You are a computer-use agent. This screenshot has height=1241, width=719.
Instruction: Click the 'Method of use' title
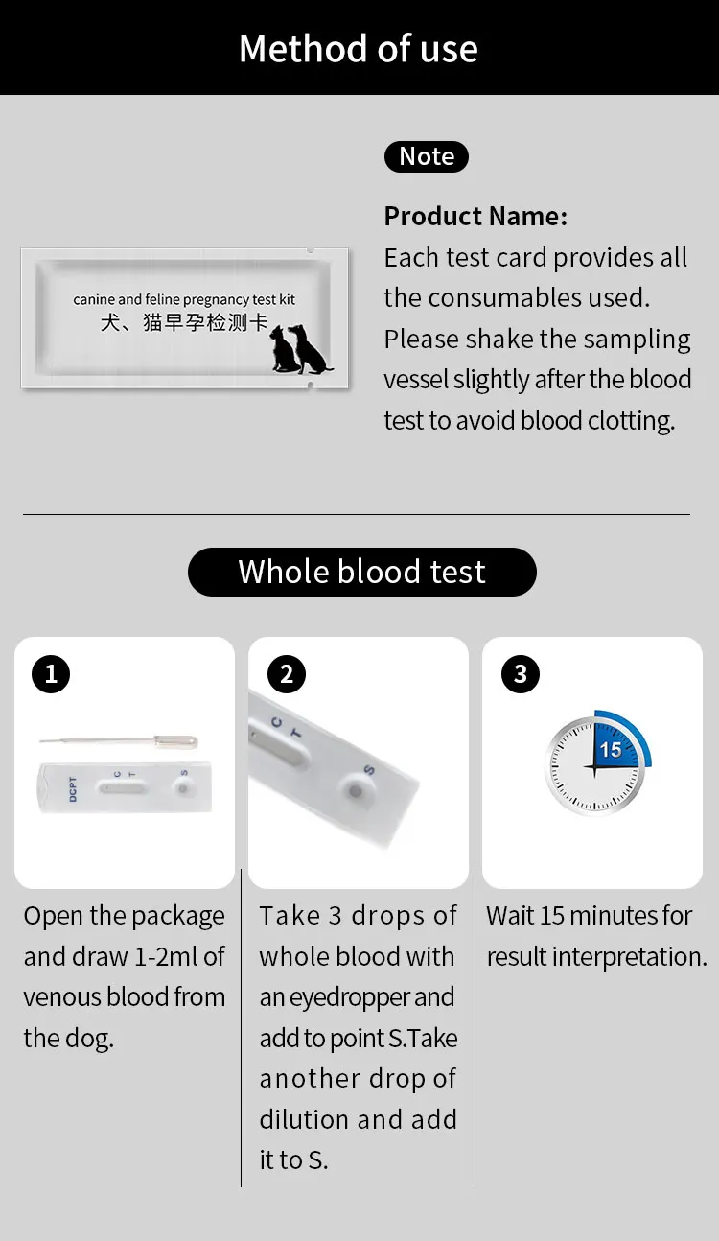[359, 49]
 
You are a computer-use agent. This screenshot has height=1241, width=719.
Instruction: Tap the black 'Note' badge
[427, 156]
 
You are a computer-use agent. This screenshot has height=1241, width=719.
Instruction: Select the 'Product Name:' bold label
[475, 216]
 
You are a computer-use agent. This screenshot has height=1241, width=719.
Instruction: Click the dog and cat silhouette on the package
[299, 349]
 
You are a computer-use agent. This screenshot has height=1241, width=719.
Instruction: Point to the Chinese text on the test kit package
[184, 322]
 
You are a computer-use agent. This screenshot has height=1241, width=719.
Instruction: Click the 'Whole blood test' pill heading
[361, 572]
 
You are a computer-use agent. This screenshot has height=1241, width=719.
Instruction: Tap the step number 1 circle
[51, 674]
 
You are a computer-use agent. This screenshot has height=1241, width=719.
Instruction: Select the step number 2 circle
[286, 674]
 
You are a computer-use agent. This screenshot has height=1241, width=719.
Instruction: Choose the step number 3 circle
[520, 674]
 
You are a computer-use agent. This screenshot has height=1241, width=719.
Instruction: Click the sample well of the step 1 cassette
[181, 787]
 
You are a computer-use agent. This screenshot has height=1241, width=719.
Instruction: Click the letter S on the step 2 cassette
[368, 770]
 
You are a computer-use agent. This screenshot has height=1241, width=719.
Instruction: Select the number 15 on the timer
[610, 750]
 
